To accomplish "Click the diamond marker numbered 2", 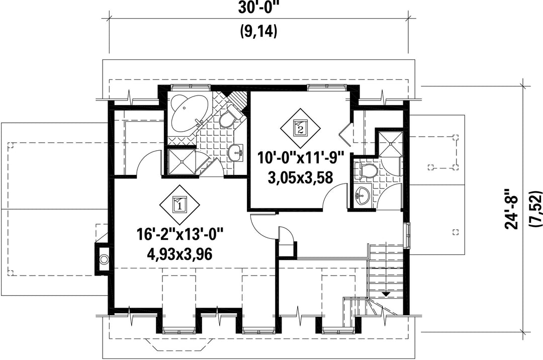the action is (x=300, y=128).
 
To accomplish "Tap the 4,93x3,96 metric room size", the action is (x=179, y=254).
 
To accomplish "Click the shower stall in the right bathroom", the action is (x=390, y=144).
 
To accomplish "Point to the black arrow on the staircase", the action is (x=386, y=294).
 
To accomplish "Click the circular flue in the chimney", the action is (x=104, y=259).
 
